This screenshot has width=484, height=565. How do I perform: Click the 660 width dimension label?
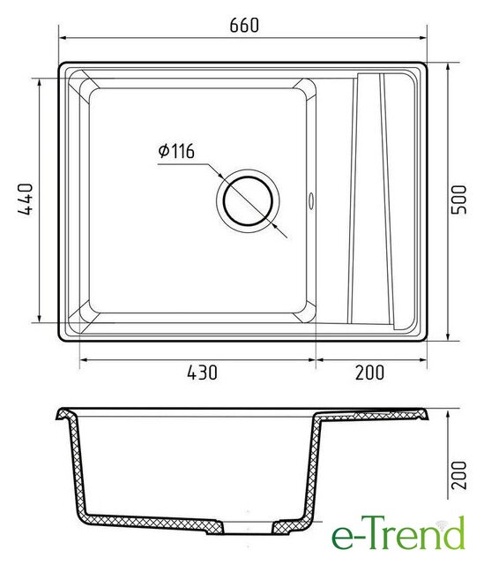(244, 26)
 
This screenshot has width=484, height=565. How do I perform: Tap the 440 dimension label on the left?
(26, 200)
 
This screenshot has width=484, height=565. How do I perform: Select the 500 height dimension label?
(458, 200)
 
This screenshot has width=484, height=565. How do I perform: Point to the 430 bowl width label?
(202, 373)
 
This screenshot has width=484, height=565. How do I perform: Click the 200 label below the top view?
(370, 373)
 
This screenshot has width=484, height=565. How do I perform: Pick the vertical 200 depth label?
(458, 475)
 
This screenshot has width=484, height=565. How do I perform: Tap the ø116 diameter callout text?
(176, 151)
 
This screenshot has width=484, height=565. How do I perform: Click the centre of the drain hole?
(248, 201)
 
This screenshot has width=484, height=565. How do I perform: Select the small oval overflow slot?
(311, 200)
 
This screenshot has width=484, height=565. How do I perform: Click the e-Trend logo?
(398, 532)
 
